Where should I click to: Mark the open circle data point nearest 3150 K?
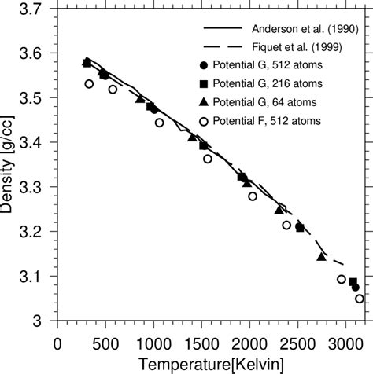(x=360, y=299)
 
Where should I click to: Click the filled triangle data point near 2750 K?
(x=321, y=257)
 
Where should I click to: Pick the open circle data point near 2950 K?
(x=342, y=279)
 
